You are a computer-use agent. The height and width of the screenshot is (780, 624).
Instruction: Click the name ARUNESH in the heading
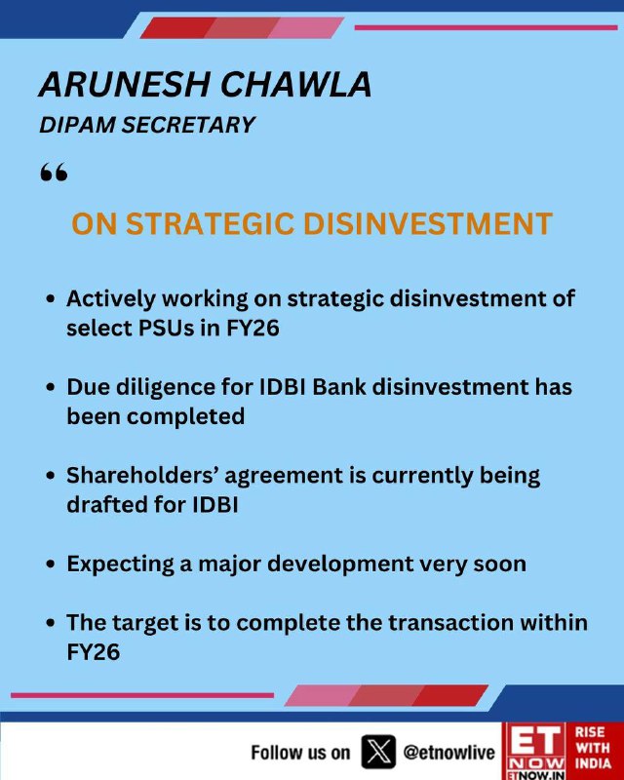[125, 84]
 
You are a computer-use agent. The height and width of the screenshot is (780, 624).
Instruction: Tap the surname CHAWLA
[295, 84]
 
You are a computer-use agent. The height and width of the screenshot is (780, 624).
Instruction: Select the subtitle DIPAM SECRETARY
[147, 125]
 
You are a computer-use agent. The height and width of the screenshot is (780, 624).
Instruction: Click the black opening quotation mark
[54, 173]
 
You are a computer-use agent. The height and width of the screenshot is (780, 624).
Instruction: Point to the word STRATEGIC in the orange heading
[210, 224]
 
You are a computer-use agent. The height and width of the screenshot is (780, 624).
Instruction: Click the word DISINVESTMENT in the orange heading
[427, 224]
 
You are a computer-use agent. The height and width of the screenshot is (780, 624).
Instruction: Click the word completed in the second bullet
[185, 417]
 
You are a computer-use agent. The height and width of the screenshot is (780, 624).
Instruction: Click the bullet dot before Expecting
[50, 565]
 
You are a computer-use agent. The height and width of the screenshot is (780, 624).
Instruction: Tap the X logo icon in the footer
[378, 752]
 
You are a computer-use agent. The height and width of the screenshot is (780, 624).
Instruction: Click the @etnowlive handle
[448, 752]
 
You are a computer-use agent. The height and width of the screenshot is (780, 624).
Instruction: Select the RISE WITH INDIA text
[593, 748]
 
